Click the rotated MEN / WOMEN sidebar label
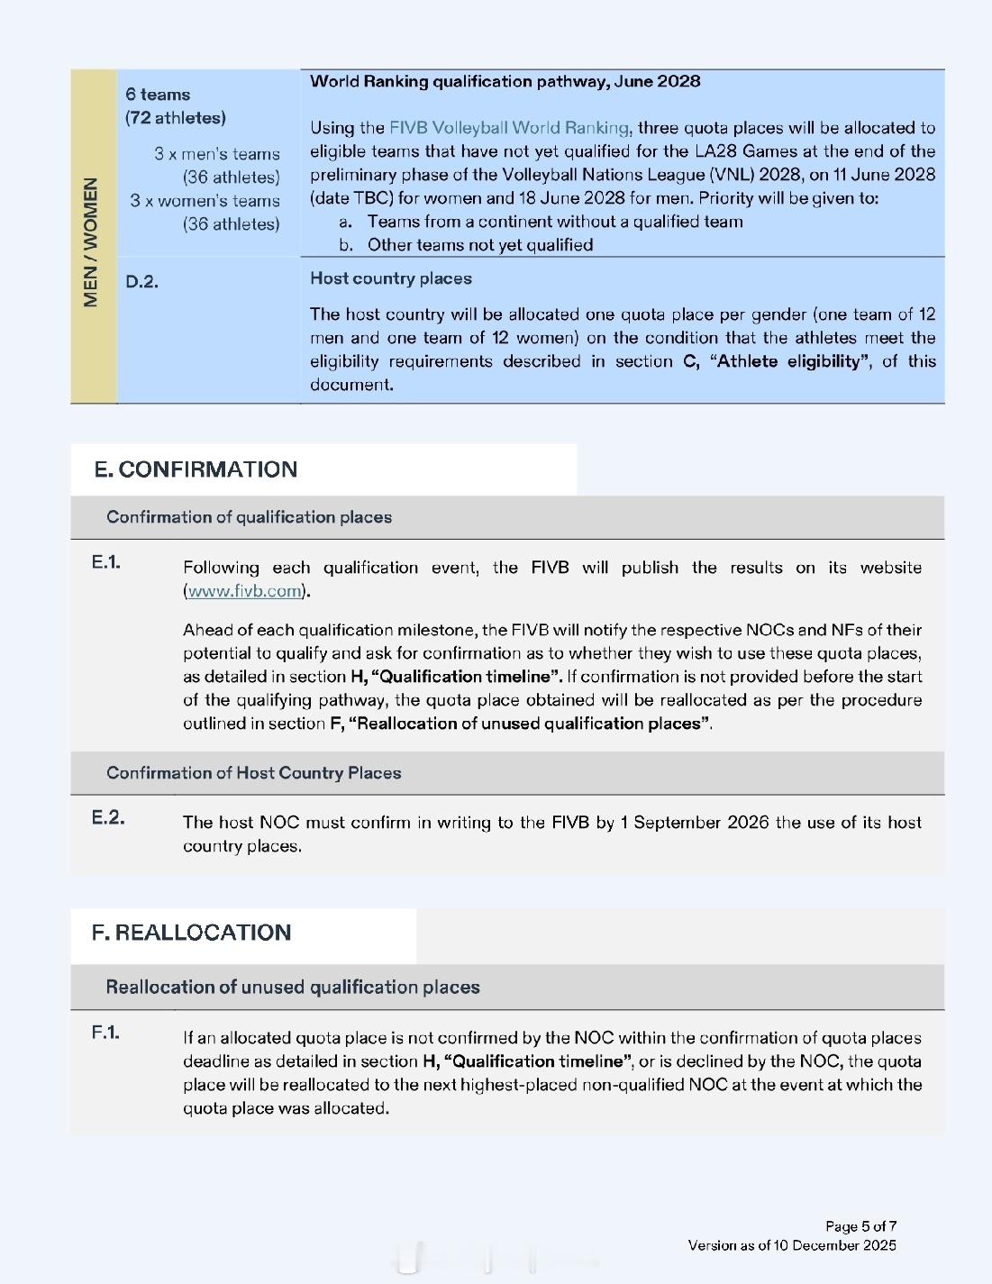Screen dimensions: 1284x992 coord(91,242)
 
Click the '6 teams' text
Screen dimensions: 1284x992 coord(158,95)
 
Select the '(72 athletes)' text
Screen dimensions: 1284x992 coord(176,118)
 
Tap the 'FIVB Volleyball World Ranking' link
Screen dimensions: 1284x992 coord(510,128)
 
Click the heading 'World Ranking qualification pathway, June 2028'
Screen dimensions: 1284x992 coord(505,81)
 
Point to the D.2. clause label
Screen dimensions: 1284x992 coord(141,282)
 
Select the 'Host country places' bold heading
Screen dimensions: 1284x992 coord(390,278)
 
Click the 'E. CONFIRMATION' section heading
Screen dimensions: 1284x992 coord(196,469)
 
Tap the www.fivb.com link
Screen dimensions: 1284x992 coord(244,591)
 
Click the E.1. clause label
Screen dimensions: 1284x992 coord(105,562)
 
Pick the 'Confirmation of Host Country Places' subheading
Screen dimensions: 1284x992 coord(253,773)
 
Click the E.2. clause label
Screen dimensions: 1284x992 coord(108,818)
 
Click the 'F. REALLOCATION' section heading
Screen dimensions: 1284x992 coord(191,933)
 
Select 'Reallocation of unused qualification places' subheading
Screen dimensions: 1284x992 coord(293,988)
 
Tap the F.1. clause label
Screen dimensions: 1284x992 coord(105,1033)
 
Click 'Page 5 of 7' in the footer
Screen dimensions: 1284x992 coord(860,1226)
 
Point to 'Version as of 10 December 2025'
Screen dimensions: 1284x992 coord(792,1245)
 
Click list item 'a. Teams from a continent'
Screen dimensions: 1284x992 coord(554,222)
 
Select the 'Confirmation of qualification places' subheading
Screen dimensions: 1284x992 coord(249,517)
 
